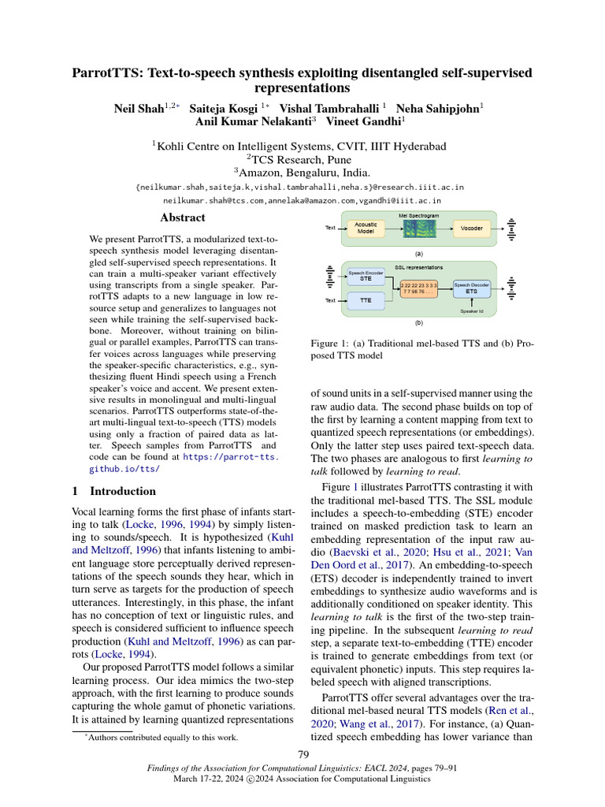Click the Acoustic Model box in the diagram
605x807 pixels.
click(x=366, y=228)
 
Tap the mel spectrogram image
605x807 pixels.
click(x=418, y=228)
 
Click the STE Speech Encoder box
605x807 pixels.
click(x=366, y=276)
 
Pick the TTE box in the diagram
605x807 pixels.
click(x=366, y=300)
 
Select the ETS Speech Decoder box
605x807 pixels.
click(x=471, y=288)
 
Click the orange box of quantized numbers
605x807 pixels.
click(x=418, y=288)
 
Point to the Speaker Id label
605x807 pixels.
click(x=471, y=311)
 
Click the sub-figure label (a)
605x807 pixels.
click(x=418, y=254)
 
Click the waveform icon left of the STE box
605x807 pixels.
click(x=329, y=277)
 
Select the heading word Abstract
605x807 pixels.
click(x=182, y=218)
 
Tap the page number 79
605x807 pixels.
click(x=302, y=757)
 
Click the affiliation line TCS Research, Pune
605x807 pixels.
click(x=302, y=159)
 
